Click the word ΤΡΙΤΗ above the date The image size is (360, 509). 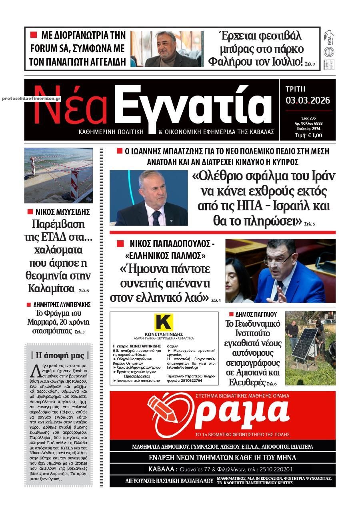click(296, 89)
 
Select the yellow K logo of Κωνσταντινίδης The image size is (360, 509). click(163, 322)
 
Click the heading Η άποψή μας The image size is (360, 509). click(60, 355)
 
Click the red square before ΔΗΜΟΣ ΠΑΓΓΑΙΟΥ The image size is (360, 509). click(231, 314)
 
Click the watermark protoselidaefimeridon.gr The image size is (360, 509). click(31, 98)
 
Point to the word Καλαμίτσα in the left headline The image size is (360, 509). click(51, 288)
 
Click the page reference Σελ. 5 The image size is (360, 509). click(309, 224)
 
